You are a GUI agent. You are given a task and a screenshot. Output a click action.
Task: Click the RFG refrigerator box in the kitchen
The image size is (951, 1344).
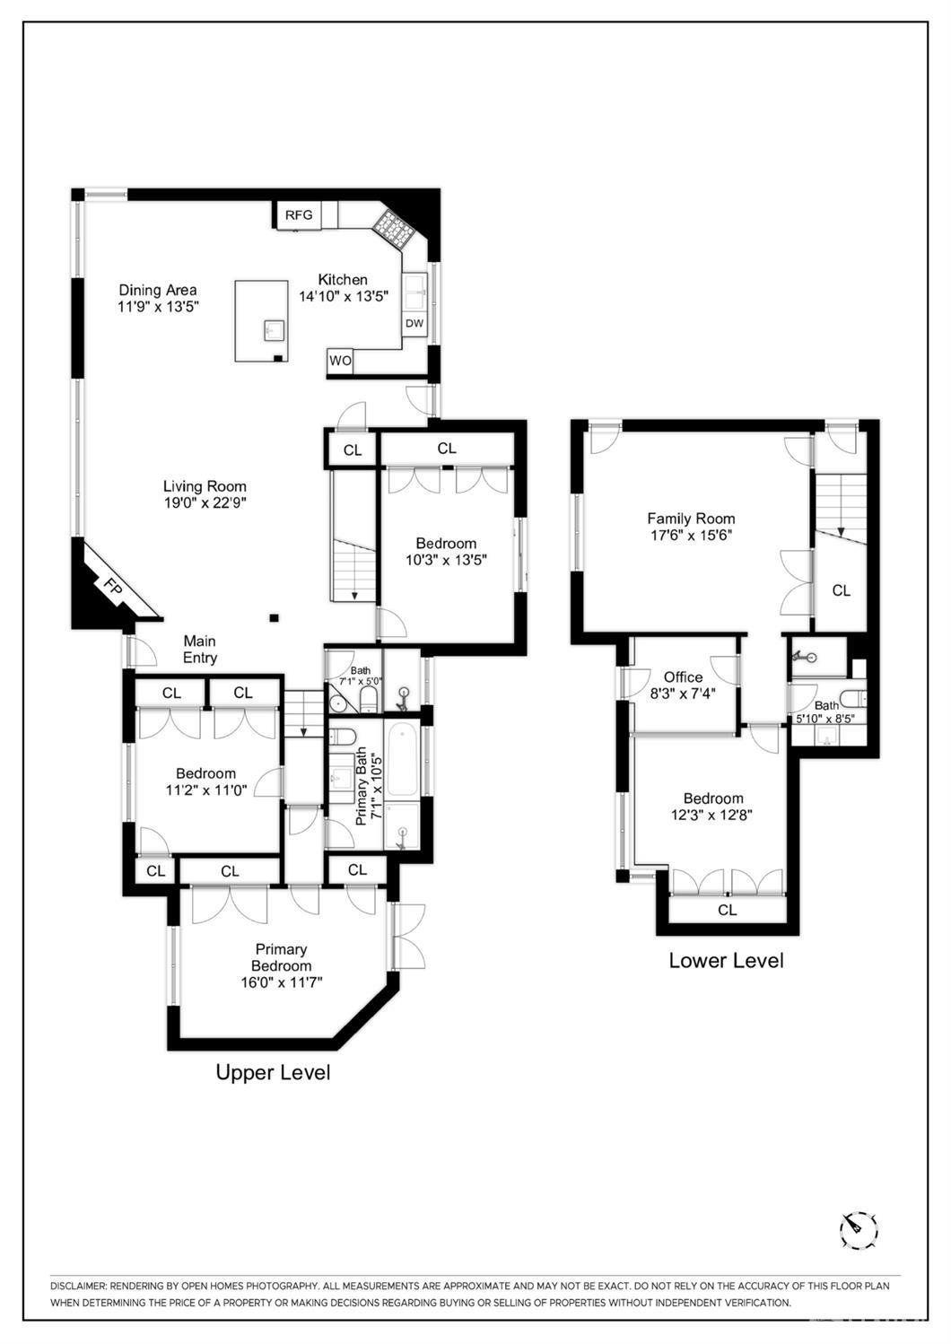coord(298,214)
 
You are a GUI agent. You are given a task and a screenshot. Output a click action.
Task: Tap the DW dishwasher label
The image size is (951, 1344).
coord(414,323)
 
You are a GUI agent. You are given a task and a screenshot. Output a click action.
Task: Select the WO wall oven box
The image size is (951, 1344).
coord(340,362)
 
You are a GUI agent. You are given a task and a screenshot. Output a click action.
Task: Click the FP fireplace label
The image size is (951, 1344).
coord(112,586)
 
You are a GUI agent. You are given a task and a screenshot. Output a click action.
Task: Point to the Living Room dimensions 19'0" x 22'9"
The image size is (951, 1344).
coord(205,502)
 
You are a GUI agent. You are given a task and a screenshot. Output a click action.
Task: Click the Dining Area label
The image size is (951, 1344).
coord(158,291)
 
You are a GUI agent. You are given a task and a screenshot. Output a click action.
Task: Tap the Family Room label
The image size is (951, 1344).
coord(691,519)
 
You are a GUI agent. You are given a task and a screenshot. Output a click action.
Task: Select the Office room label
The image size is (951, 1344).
coord(684,677)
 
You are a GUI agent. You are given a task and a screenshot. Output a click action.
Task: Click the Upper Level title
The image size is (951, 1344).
coord(273,1072)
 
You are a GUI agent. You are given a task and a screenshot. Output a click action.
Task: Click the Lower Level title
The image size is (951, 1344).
coord(726,961)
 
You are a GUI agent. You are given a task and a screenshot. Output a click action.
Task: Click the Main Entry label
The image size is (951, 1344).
coord(200,650)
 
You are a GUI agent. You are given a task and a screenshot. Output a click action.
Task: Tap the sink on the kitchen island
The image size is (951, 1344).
coord(275,330)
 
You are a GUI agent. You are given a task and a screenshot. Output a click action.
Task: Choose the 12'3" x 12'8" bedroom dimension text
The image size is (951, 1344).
coord(711,815)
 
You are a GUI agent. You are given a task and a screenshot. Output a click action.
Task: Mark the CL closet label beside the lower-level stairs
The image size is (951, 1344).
coord(842,590)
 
